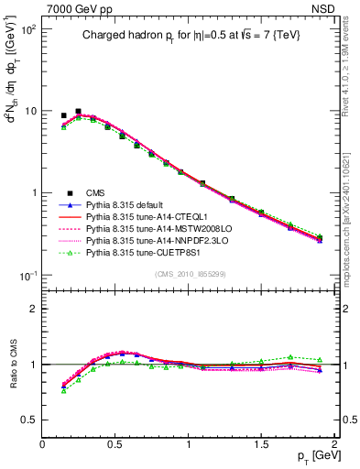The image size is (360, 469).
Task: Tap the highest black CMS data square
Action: click(78, 111)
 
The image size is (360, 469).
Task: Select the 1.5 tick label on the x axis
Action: click(261, 445)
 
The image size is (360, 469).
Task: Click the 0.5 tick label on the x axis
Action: click(115, 445)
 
